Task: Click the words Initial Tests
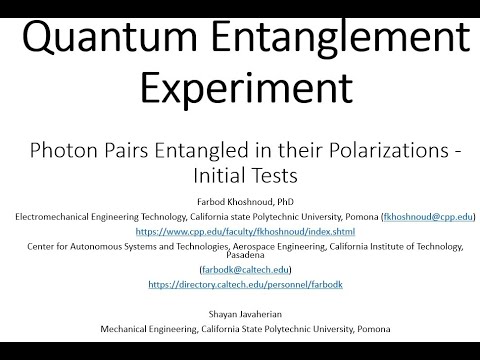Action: click(240, 177)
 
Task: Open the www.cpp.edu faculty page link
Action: click(239, 232)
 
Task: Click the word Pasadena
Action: click(240, 256)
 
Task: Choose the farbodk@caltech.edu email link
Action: click(240, 270)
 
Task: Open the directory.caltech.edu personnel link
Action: click(239, 285)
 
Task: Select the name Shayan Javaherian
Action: click(240, 313)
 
